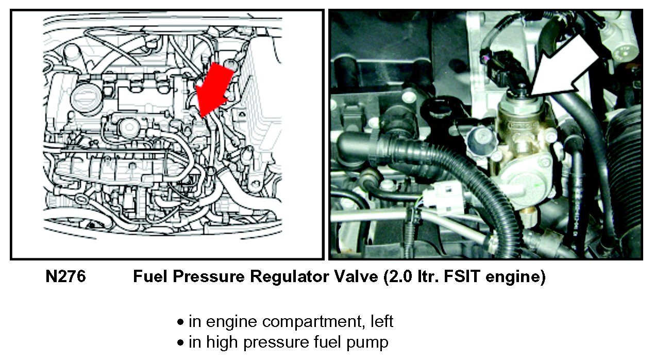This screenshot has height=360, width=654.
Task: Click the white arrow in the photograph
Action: (x=565, y=66)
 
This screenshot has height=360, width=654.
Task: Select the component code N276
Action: (x=65, y=276)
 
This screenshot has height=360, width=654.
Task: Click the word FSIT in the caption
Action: (x=462, y=276)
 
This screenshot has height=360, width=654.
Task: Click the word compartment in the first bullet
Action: (x=311, y=322)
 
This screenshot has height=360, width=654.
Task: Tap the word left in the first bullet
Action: (x=382, y=321)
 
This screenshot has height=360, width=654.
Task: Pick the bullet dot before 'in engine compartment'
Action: (x=180, y=322)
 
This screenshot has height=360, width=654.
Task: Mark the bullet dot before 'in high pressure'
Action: (x=180, y=342)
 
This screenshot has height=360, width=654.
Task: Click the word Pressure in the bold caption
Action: (x=208, y=276)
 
